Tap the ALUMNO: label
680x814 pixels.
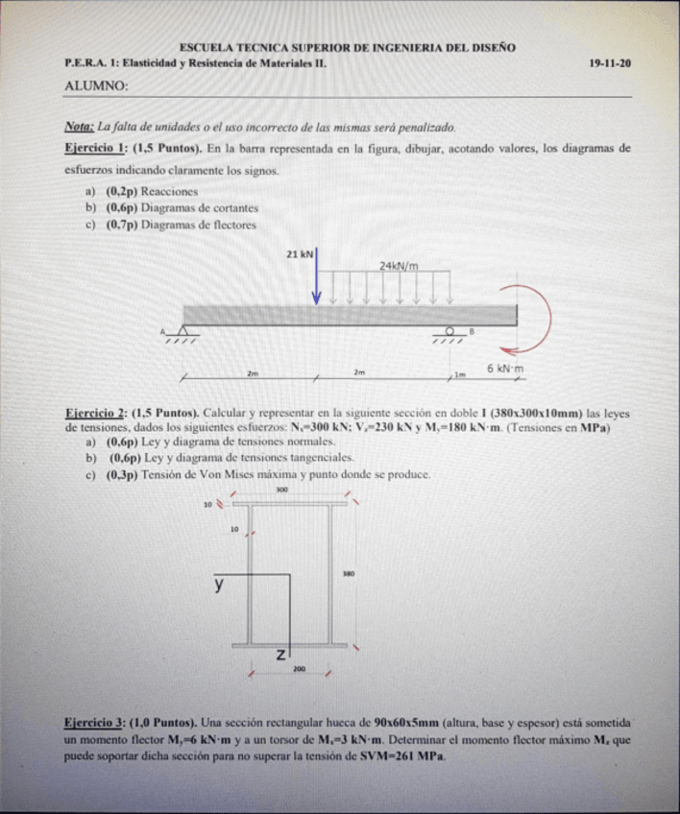[96, 85]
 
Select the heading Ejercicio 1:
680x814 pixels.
[95, 149]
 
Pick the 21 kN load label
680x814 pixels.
[301, 254]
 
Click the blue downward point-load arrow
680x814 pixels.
[317, 278]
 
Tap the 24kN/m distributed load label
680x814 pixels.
[399, 265]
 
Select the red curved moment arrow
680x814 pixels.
[538, 317]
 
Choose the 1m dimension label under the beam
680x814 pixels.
[459, 372]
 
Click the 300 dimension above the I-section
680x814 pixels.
[281, 490]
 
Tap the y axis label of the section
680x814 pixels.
[219, 583]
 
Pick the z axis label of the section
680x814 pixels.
[280, 654]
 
